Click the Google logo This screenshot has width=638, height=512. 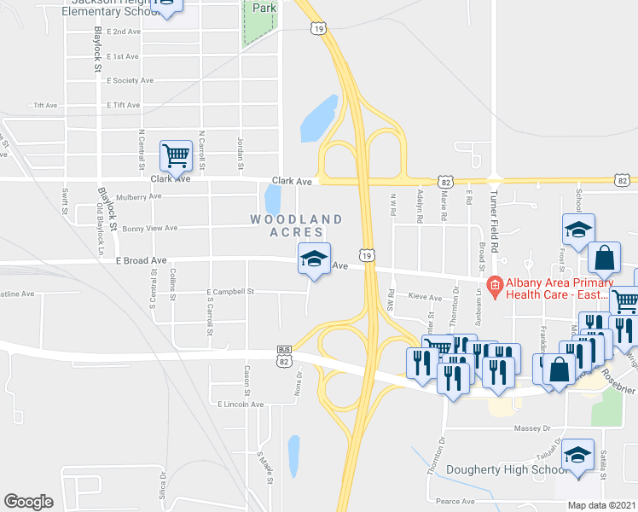pos(28,501)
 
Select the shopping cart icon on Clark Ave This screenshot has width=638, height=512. pos(175,157)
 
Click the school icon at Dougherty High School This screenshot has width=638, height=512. pos(578,455)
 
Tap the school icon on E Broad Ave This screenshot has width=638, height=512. pos(313,259)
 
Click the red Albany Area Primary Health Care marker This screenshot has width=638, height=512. pos(492,284)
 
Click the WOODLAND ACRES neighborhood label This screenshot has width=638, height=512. pos(287,225)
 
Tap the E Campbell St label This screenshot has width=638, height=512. pos(230,292)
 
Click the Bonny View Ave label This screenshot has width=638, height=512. pos(149,228)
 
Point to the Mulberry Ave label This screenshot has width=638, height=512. pos(138,195)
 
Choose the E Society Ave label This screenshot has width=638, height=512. pos(130,80)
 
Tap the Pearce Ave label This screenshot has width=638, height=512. pos(455,501)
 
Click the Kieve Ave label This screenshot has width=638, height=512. pos(425,298)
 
